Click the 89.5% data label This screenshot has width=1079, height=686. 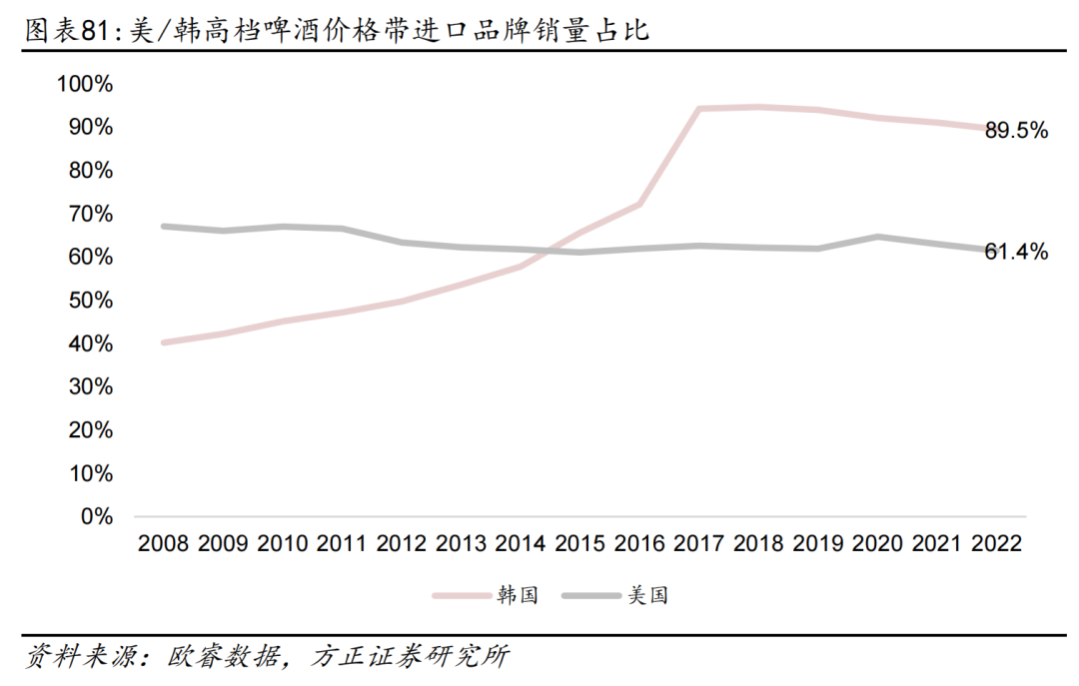(1016, 131)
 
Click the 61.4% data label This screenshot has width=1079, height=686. (1016, 253)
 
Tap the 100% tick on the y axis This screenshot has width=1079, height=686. (85, 84)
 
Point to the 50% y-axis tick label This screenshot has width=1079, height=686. (90, 301)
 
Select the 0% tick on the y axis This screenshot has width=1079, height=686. (96, 517)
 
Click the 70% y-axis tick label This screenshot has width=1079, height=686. (90, 214)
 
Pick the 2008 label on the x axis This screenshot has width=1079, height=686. (164, 544)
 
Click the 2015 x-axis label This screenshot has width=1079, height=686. (580, 544)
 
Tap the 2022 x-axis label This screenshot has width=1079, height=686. (997, 544)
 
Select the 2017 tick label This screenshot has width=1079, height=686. (699, 544)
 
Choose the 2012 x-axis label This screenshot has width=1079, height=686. (402, 544)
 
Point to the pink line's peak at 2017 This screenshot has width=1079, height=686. (699, 109)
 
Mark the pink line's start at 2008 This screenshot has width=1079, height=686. (164, 343)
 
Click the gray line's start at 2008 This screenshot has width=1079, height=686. (164, 227)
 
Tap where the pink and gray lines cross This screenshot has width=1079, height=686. (547, 251)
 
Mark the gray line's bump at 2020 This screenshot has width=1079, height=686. (877, 237)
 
